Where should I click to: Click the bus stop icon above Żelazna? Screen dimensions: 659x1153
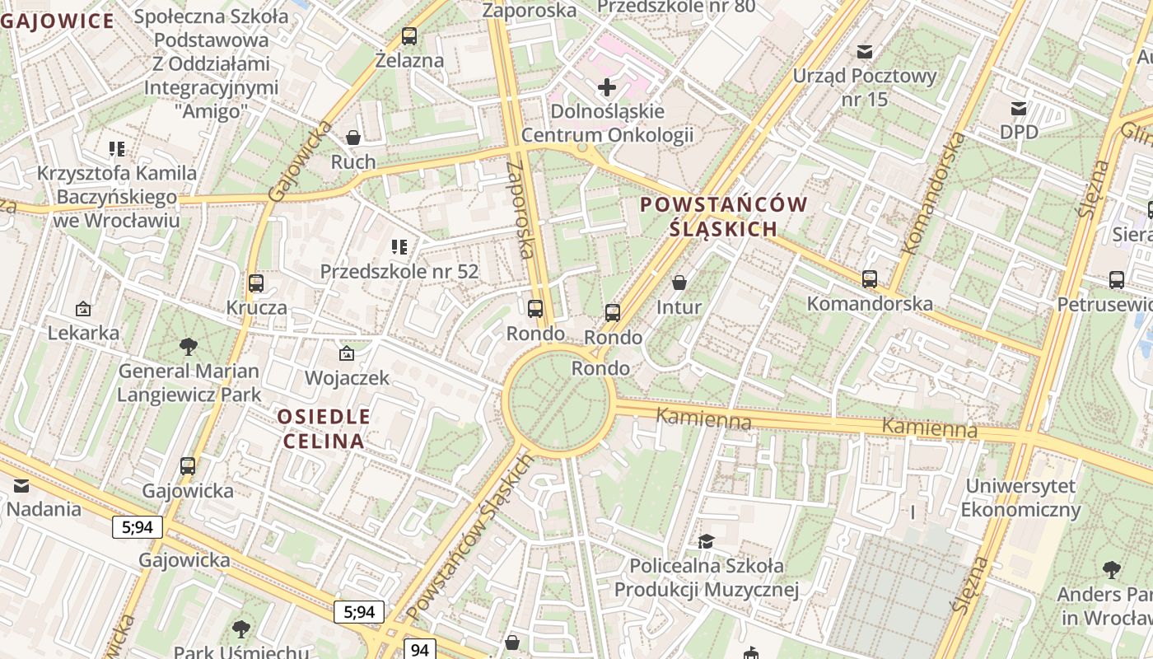(409, 36)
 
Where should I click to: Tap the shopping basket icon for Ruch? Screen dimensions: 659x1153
(353, 138)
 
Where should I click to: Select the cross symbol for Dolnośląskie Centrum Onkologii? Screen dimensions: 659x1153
(607, 87)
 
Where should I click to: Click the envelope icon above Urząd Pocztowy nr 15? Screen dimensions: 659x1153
(865, 52)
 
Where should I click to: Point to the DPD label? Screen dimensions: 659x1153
(1019, 132)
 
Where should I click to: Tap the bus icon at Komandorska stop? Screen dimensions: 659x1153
(870, 279)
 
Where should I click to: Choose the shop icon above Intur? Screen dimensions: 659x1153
(679, 283)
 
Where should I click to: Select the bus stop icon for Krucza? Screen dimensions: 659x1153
(256, 283)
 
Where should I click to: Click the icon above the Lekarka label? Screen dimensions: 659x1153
(83, 309)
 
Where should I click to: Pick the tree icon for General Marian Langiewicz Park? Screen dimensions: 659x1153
(189, 346)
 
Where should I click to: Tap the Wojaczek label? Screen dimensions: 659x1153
(347, 378)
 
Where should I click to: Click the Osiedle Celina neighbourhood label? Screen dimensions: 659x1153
(324, 428)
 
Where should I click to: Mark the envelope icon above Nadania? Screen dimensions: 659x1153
(21, 485)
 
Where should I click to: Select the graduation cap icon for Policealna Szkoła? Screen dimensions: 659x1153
(706, 541)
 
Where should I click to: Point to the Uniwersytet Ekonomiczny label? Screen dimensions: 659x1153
(1020, 498)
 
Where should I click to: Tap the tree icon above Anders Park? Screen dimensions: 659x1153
(1111, 569)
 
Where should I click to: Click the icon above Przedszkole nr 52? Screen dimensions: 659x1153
(399, 246)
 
